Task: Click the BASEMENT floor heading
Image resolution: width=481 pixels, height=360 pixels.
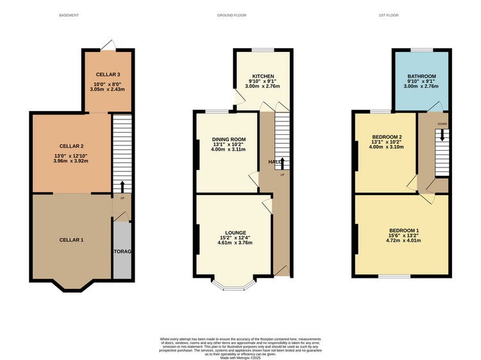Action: pyautogui.click(x=69, y=15)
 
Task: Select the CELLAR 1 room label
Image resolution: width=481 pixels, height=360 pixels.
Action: pyautogui.click(x=72, y=239)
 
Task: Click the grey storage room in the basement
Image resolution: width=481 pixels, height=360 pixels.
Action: pyautogui.click(x=122, y=251)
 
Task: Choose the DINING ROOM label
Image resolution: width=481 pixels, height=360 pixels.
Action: pyautogui.click(x=229, y=139)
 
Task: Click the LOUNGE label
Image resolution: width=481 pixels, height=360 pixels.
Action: pyautogui.click(x=233, y=233)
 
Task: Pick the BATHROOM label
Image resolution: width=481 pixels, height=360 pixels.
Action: pyautogui.click(x=421, y=76)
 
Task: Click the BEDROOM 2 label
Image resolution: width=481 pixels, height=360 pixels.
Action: pyautogui.click(x=387, y=137)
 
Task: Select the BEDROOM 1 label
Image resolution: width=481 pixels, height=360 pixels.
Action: pyautogui.click(x=404, y=230)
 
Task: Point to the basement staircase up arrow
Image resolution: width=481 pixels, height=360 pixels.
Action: pyautogui.click(x=122, y=187)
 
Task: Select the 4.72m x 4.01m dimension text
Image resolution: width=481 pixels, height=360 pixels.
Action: pyautogui.click(x=404, y=241)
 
